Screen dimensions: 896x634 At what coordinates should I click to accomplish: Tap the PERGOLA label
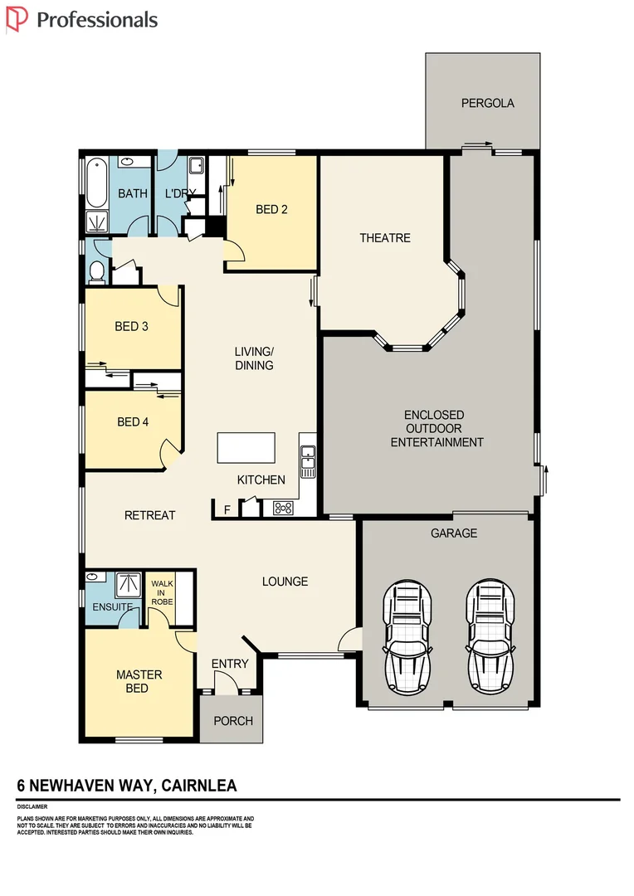click(488, 104)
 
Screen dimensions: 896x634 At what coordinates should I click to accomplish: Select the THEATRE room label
click(384, 238)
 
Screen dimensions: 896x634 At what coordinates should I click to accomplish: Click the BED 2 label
click(271, 210)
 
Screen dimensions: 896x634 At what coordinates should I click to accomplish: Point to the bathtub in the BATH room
click(96, 183)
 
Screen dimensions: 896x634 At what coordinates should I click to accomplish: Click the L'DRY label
click(180, 194)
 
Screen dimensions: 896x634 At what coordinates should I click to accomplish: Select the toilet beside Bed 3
click(96, 270)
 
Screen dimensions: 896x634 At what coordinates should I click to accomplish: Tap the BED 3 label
click(131, 327)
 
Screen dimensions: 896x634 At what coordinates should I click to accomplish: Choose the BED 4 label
click(133, 422)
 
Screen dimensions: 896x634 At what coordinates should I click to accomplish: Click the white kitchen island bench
click(246, 448)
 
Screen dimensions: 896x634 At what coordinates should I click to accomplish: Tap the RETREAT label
click(149, 516)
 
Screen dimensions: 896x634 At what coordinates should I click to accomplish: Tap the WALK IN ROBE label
click(162, 593)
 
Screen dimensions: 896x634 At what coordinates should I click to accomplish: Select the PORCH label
click(233, 721)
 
